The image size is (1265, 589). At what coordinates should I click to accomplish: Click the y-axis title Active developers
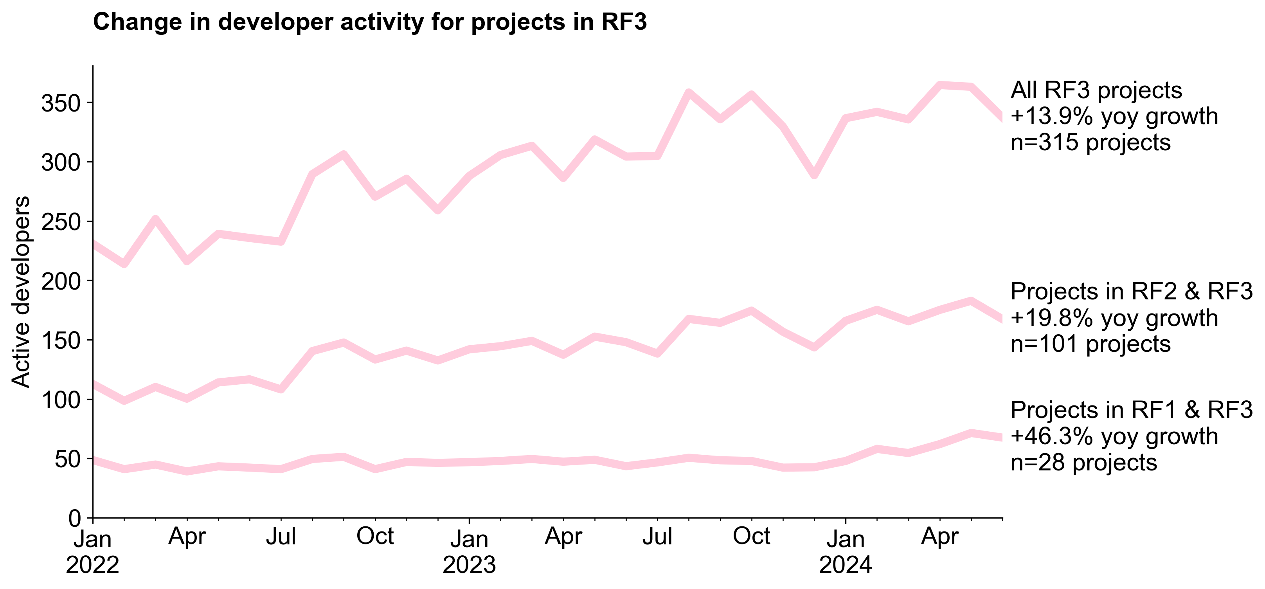click(x=21, y=292)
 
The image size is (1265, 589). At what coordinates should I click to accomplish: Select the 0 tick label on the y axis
click(x=75, y=518)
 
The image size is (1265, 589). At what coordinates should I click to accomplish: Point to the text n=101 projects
click(x=1090, y=344)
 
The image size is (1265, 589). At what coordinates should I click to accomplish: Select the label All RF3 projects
click(x=1096, y=90)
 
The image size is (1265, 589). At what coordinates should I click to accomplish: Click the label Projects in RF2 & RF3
click(x=1132, y=292)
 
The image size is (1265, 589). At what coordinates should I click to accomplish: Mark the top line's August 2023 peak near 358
click(x=689, y=92)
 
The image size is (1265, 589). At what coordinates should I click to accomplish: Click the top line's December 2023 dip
click(x=814, y=175)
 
